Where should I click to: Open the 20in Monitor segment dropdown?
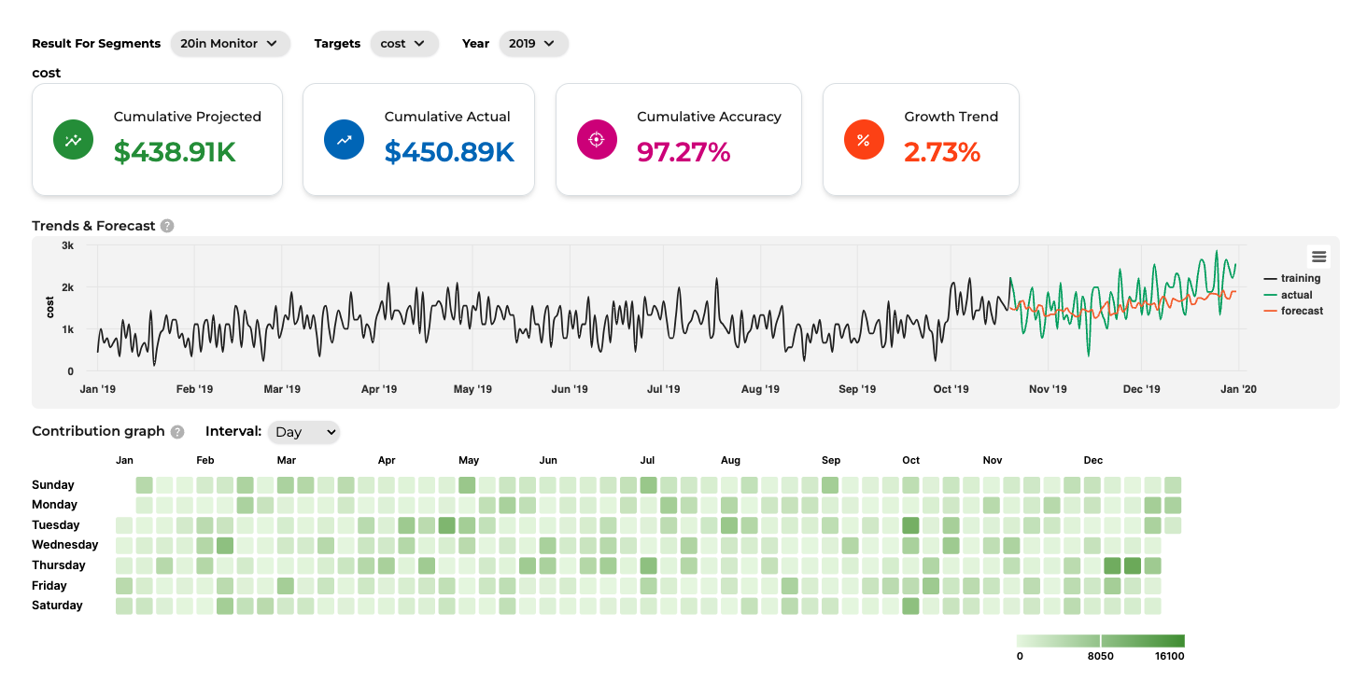tap(230, 44)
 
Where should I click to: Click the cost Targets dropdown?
tap(403, 44)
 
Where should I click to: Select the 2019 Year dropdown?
tap(533, 44)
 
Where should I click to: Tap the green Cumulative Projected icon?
tap(73, 140)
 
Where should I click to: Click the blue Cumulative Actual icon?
tap(344, 140)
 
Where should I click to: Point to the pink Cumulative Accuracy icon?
tap(597, 140)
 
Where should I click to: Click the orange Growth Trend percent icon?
tap(864, 140)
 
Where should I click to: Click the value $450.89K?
tap(449, 152)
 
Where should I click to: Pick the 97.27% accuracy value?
tap(684, 152)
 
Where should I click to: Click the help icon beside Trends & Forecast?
tap(167, 226)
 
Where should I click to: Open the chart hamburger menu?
tap(1318, 257)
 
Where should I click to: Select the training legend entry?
tap(1292, 278)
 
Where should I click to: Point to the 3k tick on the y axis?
tap(67, 245)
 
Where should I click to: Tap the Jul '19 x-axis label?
tap(663, 389)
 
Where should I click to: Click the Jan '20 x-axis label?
tap(1238, 389)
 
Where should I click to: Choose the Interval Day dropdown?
tap(303, 432)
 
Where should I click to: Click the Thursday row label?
tap(59, 565)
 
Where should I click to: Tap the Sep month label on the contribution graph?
tap(830, 460)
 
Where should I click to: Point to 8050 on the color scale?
tap(1101, 656)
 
